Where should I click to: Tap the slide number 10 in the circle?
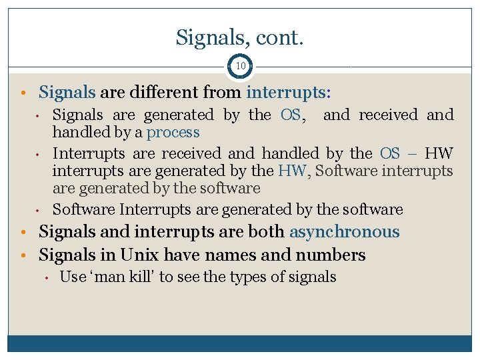tap(240, 67)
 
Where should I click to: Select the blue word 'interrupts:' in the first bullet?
tap(289, 91)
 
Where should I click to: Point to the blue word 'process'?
tap(173, 132)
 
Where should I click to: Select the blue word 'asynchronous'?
tap(344, 232)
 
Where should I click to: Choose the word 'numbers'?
tap(333, 255)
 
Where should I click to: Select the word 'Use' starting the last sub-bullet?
tap(73, 277)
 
